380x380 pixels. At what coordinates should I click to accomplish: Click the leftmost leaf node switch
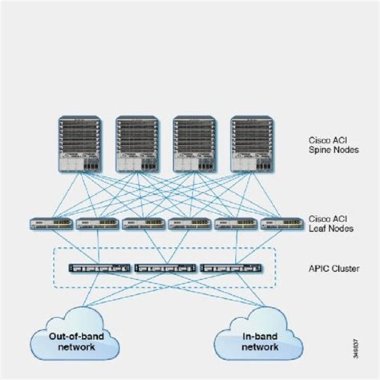pos(51,224)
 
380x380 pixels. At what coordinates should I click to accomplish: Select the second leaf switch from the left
pos(97,224)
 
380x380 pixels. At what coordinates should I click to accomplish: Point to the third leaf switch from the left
pos(144,224)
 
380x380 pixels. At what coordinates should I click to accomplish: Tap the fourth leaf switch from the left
pos(189,224)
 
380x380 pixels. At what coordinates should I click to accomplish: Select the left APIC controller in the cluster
pos(100,268)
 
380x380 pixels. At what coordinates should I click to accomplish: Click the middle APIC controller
pos(166,268)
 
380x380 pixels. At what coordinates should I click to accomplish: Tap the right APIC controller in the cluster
pos(232,268)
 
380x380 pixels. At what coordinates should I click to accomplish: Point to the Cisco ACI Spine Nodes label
pos(334,145)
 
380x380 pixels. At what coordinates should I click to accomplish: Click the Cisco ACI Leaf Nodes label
pos(331,223)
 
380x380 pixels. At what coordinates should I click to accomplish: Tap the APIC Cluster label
pos(334,269)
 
